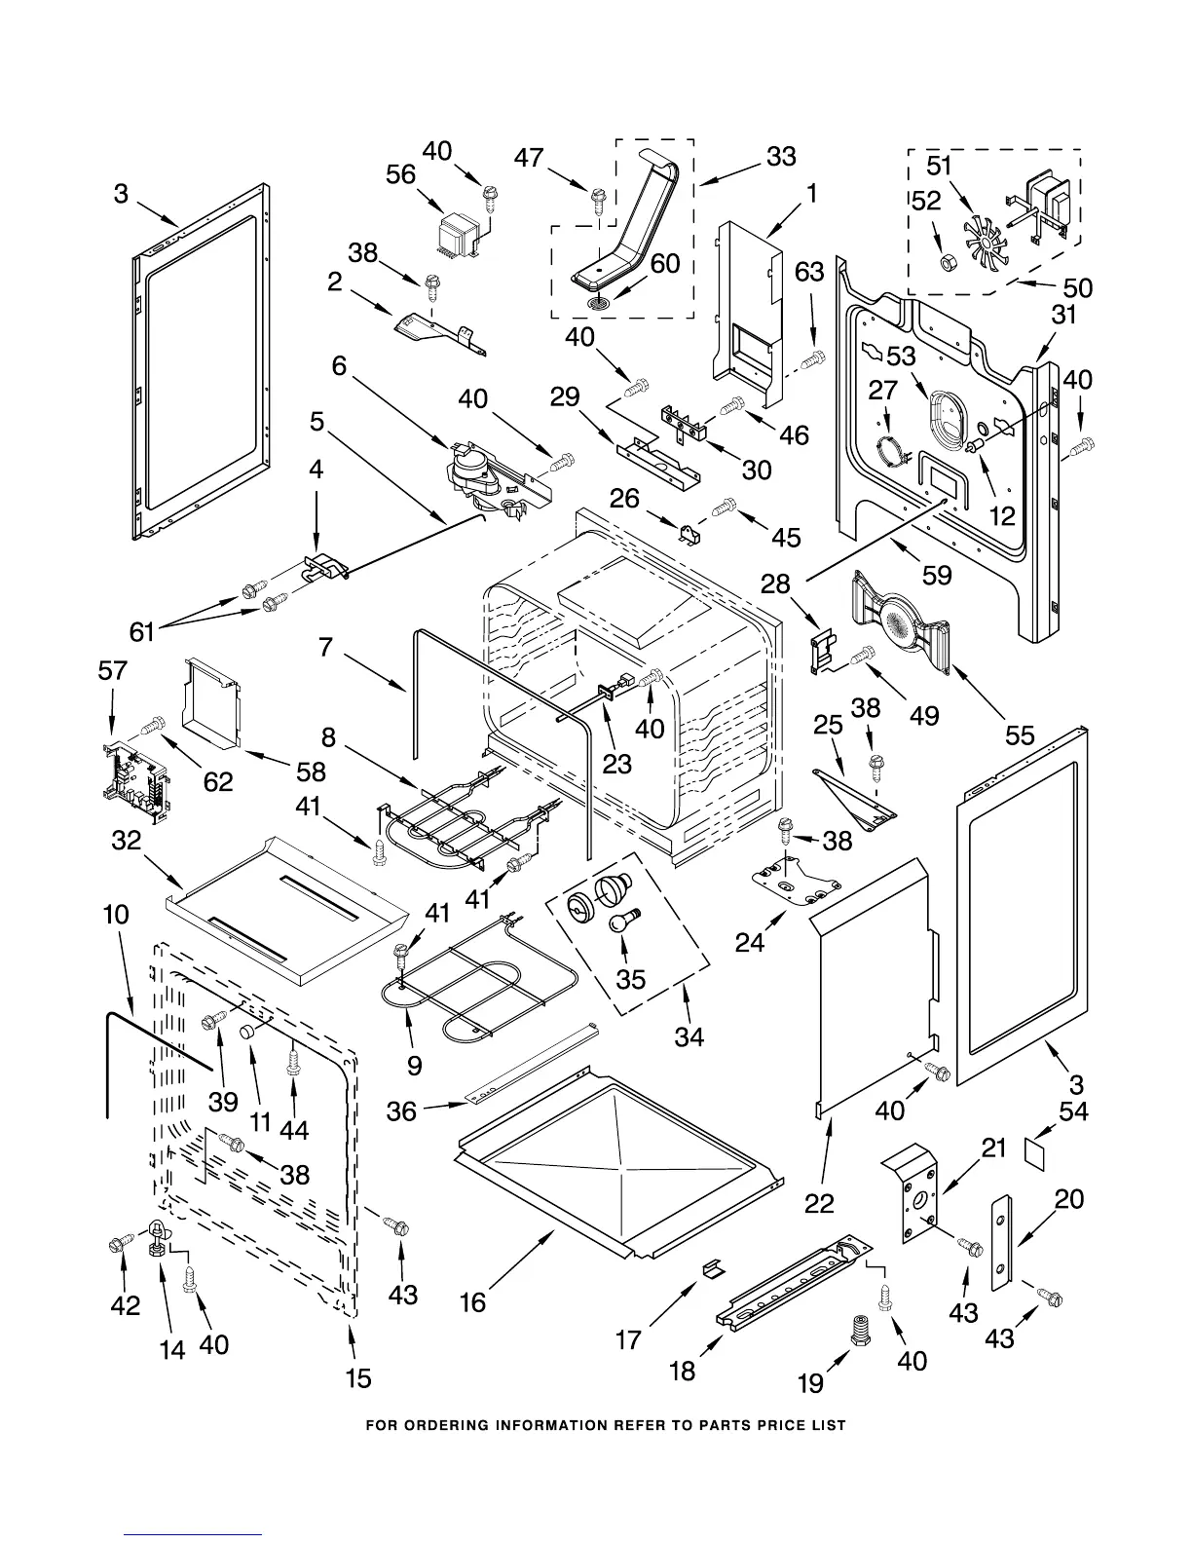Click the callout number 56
point(401,174)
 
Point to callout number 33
point(781,156)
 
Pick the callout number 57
point(113,670)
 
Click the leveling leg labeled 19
point(861,1331)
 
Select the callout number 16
point(472,1301)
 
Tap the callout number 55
point(1020,734)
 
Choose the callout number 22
point(820,1204)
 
